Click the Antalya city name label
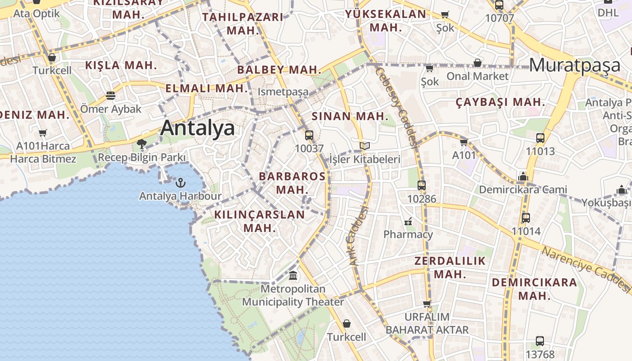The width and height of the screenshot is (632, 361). [x=198, y=128]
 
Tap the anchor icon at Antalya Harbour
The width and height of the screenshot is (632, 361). [x=181, y=183]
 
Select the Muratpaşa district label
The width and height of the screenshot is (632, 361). [x=575, y=65]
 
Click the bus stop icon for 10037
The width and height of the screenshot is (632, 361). [x=309, y=135]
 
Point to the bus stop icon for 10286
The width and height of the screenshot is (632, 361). [x=422, y=185]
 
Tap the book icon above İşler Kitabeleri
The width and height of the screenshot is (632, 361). [x=365, y=146]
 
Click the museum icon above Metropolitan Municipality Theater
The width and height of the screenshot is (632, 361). [x=293, y=275]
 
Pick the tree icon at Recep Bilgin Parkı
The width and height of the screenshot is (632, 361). [x=142, y=144]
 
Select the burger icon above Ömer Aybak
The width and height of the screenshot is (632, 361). [x=111, y=96]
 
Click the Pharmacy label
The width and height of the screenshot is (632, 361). [x=408, y=234]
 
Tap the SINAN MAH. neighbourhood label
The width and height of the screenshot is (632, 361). [x=350, y=116]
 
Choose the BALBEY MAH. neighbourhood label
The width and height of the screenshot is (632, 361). [x=279, y=69]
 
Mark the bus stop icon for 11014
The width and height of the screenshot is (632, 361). [x=526, y=218]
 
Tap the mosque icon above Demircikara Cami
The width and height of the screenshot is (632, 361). [x=523, y=176]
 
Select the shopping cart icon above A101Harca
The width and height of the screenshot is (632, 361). [x=43, y=133]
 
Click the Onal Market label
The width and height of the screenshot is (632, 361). [x=478, y=76]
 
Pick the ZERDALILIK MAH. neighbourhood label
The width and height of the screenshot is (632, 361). [x=450, y=267]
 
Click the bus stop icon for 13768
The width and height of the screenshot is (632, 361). [x=540, y=341]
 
